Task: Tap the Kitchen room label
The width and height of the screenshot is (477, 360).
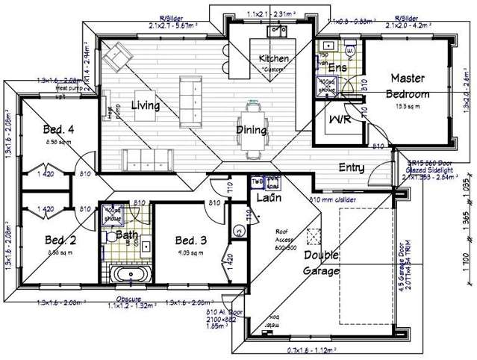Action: (273, 59)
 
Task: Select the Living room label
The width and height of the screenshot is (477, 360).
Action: (146, 106)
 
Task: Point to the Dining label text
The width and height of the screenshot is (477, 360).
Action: (252, 130)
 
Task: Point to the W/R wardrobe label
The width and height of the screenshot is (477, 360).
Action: (339, 120)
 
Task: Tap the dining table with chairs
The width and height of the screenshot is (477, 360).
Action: (252, 130)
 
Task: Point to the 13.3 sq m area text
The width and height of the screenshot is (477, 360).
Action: (408, 106)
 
